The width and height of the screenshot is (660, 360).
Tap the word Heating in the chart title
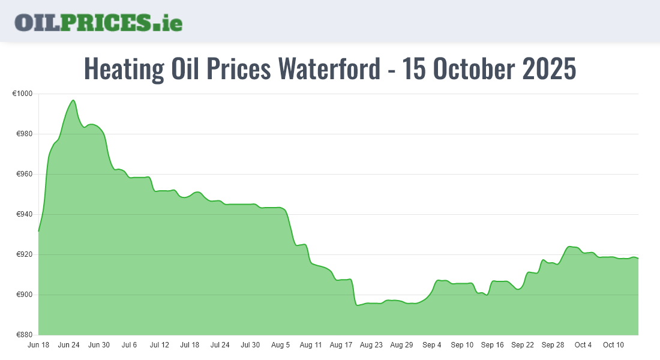(x=123, y=69)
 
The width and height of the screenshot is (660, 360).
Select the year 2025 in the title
(x=549, y=69)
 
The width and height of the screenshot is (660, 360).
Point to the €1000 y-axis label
(x=23, y=94)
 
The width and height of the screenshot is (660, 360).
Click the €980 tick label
(x=25, y=134)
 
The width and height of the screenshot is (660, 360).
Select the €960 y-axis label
(x=25, y=174)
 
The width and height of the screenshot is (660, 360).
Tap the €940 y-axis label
(x=25, y=214)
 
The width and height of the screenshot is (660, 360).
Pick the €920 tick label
(x=25, y=254)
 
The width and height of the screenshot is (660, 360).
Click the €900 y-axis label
(x=25, y=295)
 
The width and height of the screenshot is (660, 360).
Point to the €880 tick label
(x=25, y=335)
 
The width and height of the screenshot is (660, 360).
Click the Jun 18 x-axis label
(x=38, y=345)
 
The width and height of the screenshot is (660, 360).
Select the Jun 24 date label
(x=68, y=345)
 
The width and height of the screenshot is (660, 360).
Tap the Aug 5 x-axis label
(x=281, y=345)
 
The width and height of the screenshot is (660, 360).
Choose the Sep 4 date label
(x=432, y=345)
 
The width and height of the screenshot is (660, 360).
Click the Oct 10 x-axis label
(x=613, y=345)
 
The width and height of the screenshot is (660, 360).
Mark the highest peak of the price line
(x=73, y=100)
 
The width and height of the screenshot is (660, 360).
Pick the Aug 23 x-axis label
(x=371, y=345)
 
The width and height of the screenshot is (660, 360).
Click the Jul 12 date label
(x=160, y=345)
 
